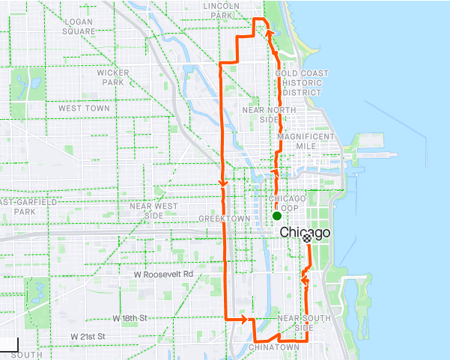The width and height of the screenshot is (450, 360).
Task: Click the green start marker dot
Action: pyautogui.click(x=277, y=216)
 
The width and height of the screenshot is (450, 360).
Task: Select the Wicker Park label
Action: pyautogui.click(x=113, y=77)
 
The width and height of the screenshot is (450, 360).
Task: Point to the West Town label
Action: pyautogui.click(x=84, y=109)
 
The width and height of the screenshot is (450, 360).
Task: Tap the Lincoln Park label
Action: pyautogui.click(x=221, y=10)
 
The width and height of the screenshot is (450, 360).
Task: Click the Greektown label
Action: pyautogui.click(x=219, y=219)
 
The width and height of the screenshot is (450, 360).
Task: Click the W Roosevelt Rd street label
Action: pyautogui.click(x=163, y=275)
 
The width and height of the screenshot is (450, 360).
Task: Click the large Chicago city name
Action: pyautogui.click(x=305, y=233)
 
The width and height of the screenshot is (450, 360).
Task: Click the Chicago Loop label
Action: pyautogui.click(x=288, y=203)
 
